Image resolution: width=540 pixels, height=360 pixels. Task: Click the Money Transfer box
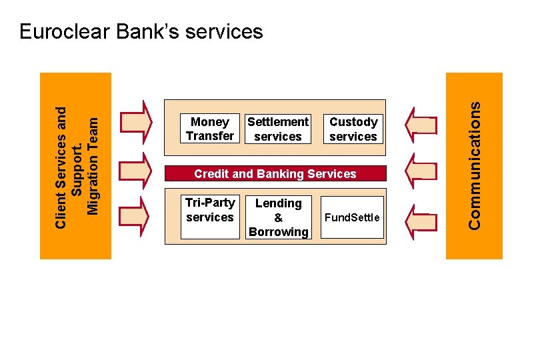click(210, 129)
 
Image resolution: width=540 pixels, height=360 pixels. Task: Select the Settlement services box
click(278, 129)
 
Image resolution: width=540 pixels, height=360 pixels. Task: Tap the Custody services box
click(353, 129)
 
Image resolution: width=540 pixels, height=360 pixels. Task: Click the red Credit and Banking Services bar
click(275, 174)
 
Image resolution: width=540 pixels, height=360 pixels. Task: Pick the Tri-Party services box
click(210, 217)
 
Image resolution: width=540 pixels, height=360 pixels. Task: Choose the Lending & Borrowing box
click(278, 217)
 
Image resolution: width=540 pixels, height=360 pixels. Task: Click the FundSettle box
click(353, 217)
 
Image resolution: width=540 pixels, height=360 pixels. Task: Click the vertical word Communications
click(474, 165)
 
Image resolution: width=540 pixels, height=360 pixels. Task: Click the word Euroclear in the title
click(67, 31)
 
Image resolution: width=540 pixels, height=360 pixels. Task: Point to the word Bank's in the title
click(149, 31)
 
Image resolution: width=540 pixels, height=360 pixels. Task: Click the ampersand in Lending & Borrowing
click(278, 218)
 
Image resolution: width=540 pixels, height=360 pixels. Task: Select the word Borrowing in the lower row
click(278, 232)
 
